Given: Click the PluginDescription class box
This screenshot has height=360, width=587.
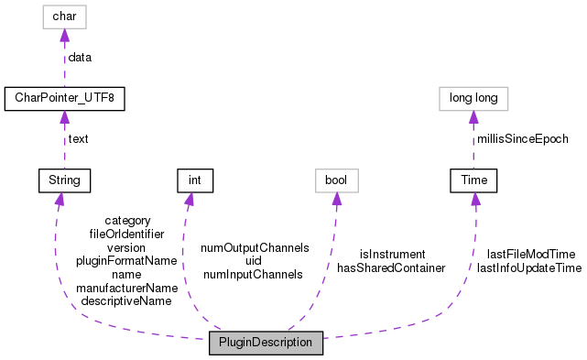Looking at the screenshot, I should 266,344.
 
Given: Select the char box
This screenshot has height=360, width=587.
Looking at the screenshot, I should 63,16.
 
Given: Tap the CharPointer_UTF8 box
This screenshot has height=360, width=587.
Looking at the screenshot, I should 63,98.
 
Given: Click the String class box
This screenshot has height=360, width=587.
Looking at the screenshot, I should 60,180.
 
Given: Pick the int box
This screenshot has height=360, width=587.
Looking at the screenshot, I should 194,180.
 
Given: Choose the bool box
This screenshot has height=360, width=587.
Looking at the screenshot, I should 336,180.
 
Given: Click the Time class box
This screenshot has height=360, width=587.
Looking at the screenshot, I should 473,180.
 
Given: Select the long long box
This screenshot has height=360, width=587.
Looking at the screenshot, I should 473,98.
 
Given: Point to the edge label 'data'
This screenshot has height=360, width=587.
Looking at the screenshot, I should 80,57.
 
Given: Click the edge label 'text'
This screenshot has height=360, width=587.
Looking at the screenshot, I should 78,139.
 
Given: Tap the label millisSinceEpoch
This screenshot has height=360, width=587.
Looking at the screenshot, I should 522,139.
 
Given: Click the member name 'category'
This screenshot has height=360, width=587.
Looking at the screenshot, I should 127,221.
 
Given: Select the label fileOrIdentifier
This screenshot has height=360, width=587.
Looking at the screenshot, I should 126,235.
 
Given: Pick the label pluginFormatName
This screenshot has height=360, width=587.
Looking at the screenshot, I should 126,260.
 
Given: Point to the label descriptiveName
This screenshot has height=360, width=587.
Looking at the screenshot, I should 126,300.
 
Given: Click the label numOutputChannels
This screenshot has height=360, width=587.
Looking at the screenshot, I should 255,247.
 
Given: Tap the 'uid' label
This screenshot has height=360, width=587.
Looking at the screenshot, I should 254,260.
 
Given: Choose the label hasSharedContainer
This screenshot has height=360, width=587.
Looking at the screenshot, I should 391,267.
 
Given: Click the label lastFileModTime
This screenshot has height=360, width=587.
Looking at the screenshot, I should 530,254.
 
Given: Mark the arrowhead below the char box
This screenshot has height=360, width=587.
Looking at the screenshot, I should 63,36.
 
